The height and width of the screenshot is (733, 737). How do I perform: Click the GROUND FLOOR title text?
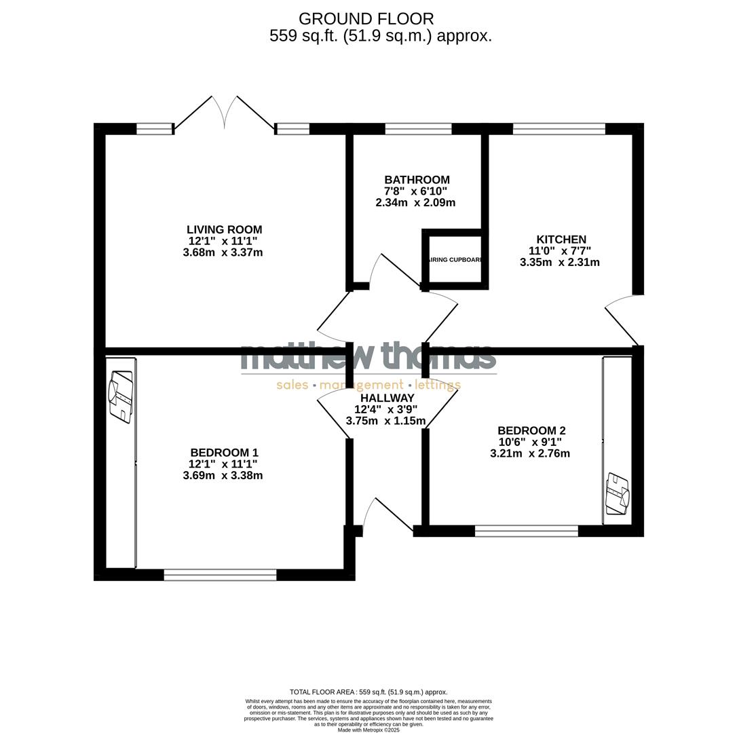pos(366,19)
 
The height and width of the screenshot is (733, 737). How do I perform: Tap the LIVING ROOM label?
pos(224,229)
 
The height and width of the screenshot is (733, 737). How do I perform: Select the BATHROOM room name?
pos(417,180)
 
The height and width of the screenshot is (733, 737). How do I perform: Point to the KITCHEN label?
pos(561,240)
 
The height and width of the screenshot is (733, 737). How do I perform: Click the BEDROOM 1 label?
pos(224,453)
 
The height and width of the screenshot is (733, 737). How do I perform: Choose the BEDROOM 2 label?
pos(531,430)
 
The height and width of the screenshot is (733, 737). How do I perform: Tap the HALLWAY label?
pos(387,398)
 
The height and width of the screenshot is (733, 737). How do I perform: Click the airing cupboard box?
pos(455,259)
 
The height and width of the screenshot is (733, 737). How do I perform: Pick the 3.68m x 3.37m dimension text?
pos(223,252)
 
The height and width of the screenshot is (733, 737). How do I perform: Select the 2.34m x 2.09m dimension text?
pos(415,202)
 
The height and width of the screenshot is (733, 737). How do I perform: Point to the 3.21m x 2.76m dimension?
pos(530,453)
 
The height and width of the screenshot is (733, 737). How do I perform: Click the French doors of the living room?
pos(225,113)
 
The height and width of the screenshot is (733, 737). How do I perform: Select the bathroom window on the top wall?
pos(418,129)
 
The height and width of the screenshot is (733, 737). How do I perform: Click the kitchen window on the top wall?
pos(559,129)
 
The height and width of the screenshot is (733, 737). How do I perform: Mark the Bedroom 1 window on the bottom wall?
pos(220,575)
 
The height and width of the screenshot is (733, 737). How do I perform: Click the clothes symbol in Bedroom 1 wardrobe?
pos(121,397)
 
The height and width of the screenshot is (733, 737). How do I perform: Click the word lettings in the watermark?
pos(438,386)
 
